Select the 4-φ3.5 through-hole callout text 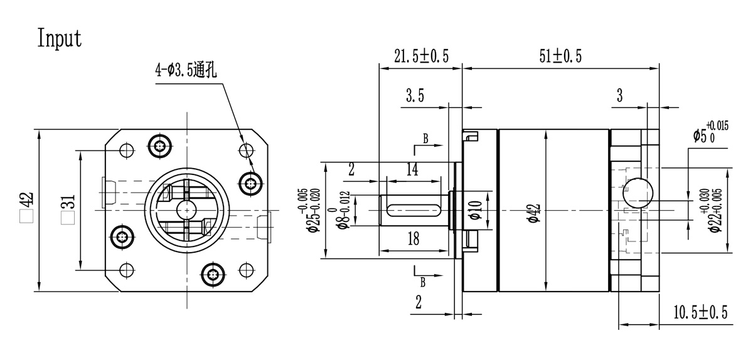tap(186, 70)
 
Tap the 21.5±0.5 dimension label tap(421, 56)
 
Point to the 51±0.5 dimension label tap(560, 56)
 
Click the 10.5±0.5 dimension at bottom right tap(700, 312)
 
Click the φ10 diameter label tap(475, 209)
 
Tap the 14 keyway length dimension tap(412, 169)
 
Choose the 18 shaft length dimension tap(412, 238)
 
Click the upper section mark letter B tap(425, 139)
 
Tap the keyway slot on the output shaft tap(412, 208)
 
